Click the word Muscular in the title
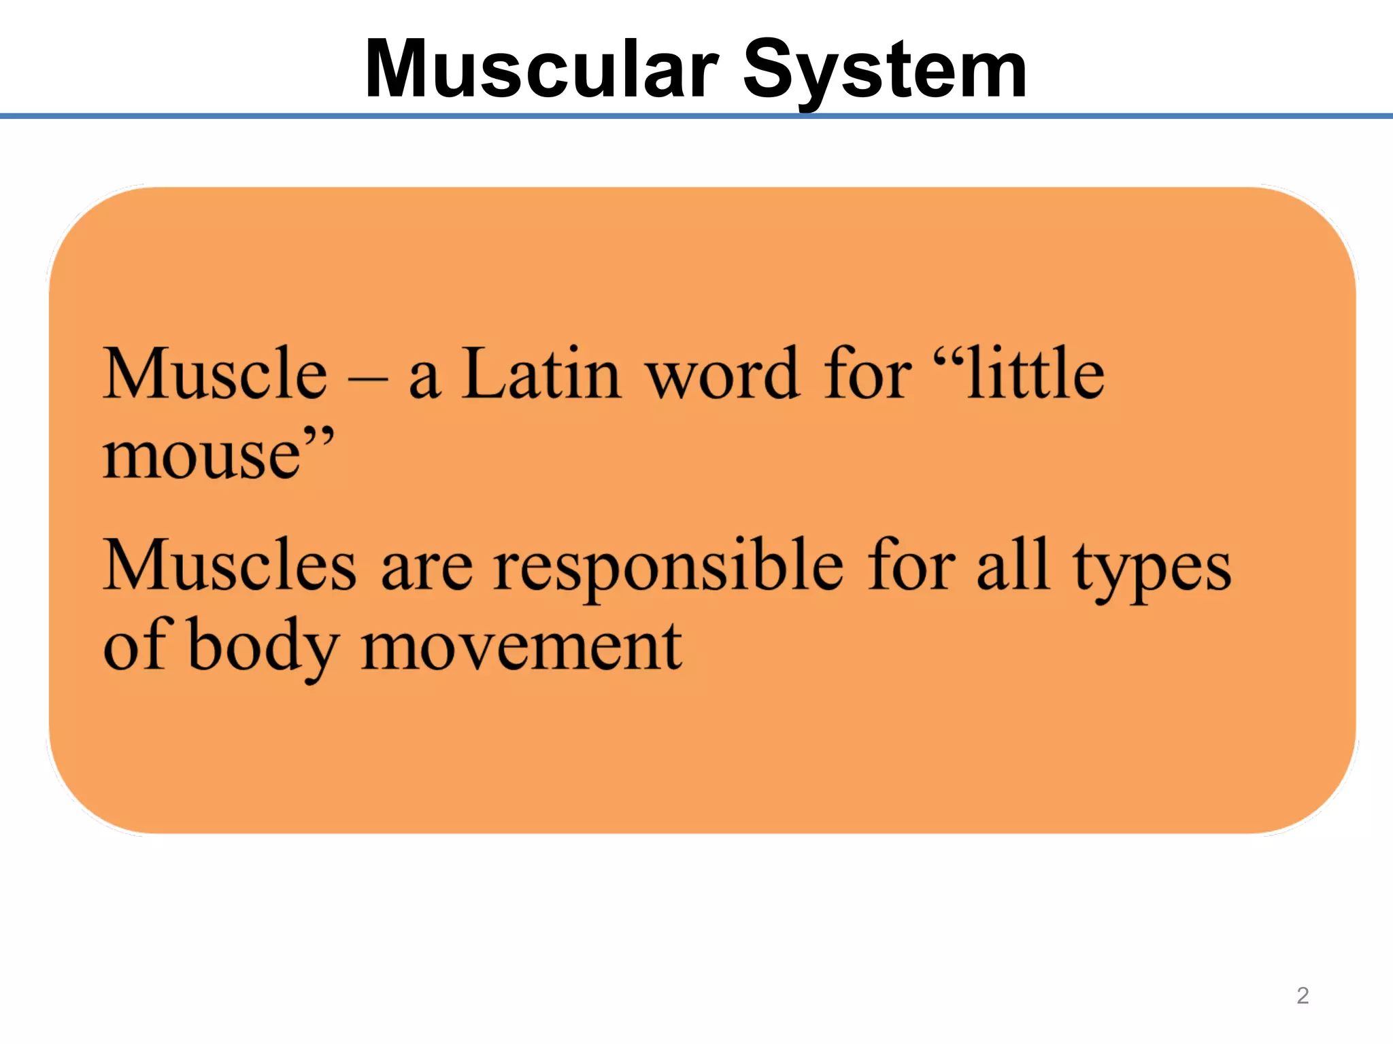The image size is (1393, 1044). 541,69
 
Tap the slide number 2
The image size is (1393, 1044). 1302,995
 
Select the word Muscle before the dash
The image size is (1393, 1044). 215,373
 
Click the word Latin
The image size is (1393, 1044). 541,373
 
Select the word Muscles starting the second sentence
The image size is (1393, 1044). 229,565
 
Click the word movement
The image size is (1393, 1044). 522,647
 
